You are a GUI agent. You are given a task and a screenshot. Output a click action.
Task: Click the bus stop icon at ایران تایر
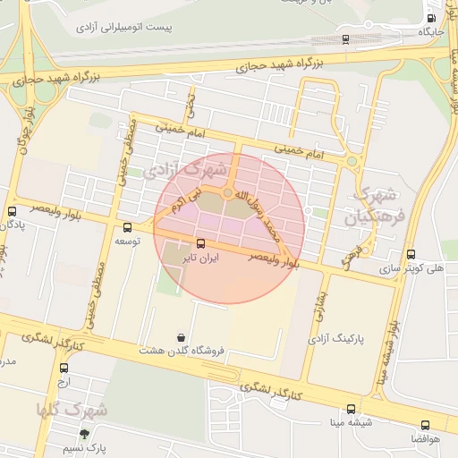pyautogui.click(x=199, y=242)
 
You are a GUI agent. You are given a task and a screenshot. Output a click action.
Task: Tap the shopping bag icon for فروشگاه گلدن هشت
pyautogui.click(x=182, y=337)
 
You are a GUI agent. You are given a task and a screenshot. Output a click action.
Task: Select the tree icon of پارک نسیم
pyautogui.click(x=85, y=433)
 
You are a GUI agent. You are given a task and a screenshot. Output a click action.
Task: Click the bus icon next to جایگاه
pyautogui.click(x=432, y=18)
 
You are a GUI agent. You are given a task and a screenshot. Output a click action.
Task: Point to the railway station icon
pyautogui.click(x=345, y=38)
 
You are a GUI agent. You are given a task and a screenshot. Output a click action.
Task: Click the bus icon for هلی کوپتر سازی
pyautogui.click(x=411, y=254)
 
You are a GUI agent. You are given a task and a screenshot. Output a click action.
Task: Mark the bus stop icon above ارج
pyautogui.click(x=64, y=368)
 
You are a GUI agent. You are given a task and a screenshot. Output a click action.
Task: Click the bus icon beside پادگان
pyautogui.click(x=11, y=212)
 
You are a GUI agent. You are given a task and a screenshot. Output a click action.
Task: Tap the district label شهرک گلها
pyautogui.click(x=72, y=410)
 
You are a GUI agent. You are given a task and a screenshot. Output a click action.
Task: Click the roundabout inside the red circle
pyautogui.click(x=229, y=193)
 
